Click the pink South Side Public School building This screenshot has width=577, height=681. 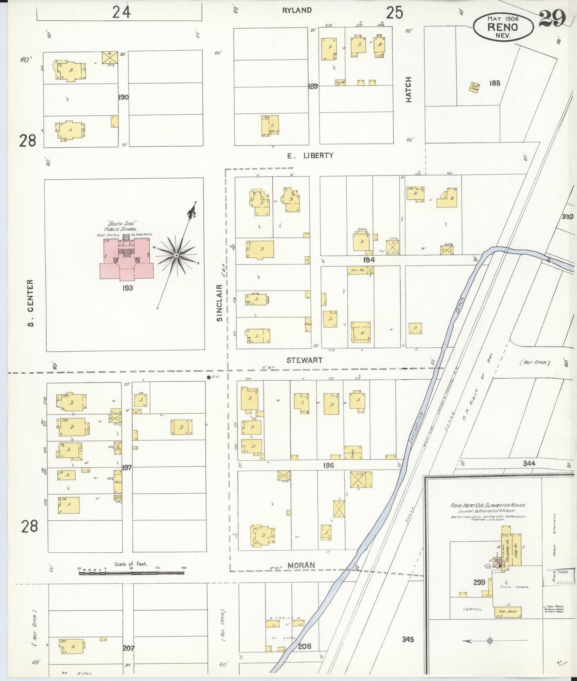coord(127,260)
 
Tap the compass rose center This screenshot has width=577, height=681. coord(176,255)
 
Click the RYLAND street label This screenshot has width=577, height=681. coord(296,10)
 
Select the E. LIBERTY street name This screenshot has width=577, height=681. coord(310,155)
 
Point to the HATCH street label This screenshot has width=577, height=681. coord(408,90)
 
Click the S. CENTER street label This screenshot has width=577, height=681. coord(31,303)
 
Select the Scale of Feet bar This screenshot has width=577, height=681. coord(132,573)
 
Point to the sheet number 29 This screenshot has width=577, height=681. coord(552,18)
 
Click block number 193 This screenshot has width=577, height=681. coord(128,287)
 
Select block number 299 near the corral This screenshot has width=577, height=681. coord(479,582)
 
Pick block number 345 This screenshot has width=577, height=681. coord(408,639)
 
